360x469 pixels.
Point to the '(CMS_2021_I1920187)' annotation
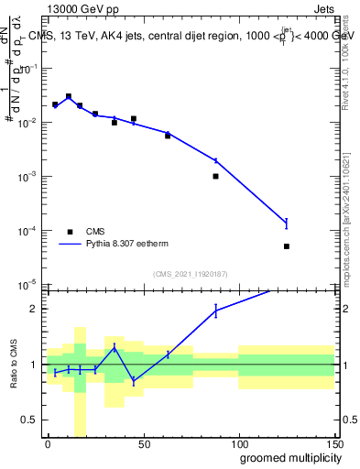[x=191, y=273]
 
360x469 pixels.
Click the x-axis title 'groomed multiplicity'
[x=287, y=457]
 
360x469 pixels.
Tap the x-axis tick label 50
[x=143, y=443]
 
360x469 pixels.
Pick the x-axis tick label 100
[x=238, y=443]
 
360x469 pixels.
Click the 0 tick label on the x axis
[x=48, y=443]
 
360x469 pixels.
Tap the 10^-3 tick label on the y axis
[x=27, y=176]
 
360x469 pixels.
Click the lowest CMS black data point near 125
[x=287, y=246]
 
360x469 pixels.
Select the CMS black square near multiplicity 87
[x=215, y=176]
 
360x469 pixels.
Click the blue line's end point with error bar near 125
[x=287, y=223]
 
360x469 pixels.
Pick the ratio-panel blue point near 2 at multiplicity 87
[x=215, y=311]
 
